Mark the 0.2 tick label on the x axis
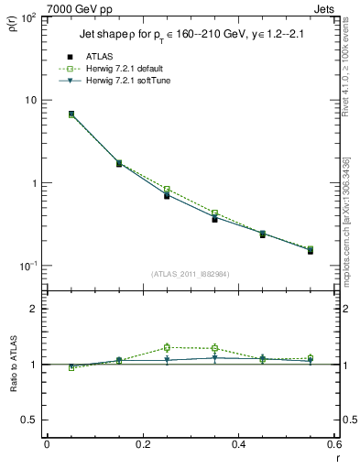click(x=142, y=444)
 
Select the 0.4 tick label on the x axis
click(x=238, y=444)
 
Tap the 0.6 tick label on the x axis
click(x=333, y=444)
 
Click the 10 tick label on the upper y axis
click(x=31, y=100)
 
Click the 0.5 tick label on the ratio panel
click(x=29, y=420)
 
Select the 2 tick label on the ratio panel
click(x=35, y=310)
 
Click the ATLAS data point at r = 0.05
click(x=71, y=115)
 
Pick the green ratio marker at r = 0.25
click(x=167, y=348)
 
